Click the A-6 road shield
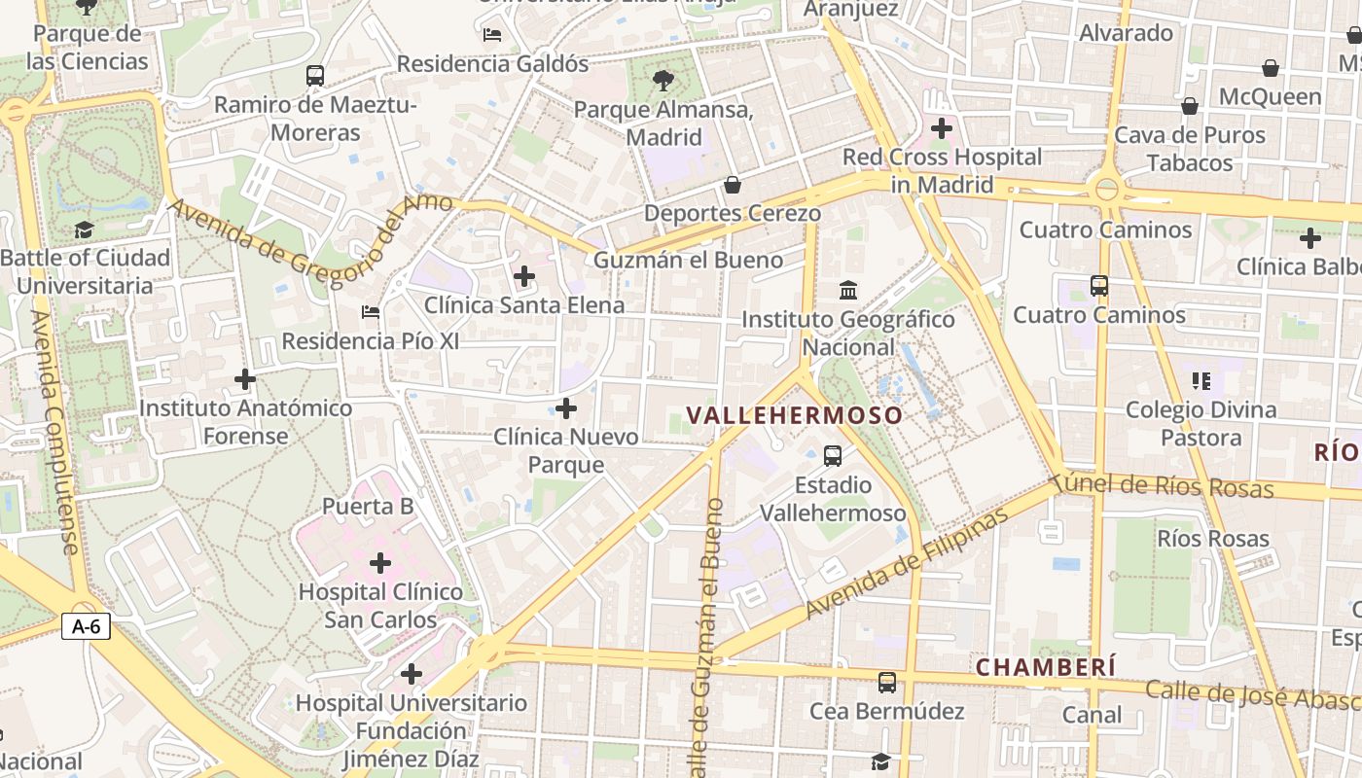pyautogui.click(x=87, y=626)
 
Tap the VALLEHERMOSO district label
pyautogui.click(x=795, y=415)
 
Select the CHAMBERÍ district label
pyautogui.click(x=1046, y=667)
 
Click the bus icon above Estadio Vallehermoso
pyautogui.click(x=833, y=455)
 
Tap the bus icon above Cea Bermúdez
pyautogui.click(x=887, y=682)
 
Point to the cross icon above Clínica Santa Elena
pyautogui.click(x=524, y=276)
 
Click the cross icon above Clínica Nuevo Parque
pyautogui.click(x=565, y=407)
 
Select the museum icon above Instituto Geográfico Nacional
pyautogui.click(x=848, y=290)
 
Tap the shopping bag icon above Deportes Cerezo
pyautogui.click(x=733, y=184)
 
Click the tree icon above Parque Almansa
pyautogui.click(x=663, y=80)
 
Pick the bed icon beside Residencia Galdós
pyautogui.click(x=492, y=35)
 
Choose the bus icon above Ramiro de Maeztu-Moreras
pyautogui.click(x=315, y=75)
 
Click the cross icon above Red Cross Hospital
pyautogui.click(x=941, y=127)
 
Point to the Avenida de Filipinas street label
pyautogui.click(x=908, y=564)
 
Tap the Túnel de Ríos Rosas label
pyautogui.click(x=1164, y=484)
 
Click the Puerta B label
pyautogui.click(x=368, y=506)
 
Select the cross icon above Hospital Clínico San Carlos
pyautogui.click(x=380, y=562)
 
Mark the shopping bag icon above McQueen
pyautogui.click(x=1270, y=68)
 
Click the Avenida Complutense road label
pyautogui.click(x=54, y=433)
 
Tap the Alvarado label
pyautogui.click(x=1127, y=33)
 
